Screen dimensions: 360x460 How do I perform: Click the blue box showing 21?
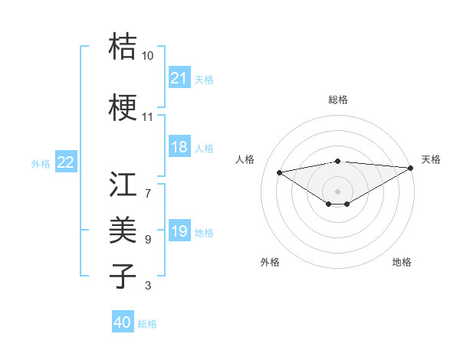click(x=179, y=78)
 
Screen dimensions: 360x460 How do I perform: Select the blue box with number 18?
click(x=179, y=148)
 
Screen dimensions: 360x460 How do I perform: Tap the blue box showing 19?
click(x=179, y=232)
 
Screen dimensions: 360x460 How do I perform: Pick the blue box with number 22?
click(x=66, y=162)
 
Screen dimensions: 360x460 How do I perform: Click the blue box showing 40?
click(x=123, y=322)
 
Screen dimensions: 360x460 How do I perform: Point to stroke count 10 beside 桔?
click(x=147, y=56)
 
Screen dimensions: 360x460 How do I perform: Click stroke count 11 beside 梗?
click(x=147, y=118)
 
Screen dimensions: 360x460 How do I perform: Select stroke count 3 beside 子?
click(x=148, y=286)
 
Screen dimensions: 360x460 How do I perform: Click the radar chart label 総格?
click(x=337, y=100)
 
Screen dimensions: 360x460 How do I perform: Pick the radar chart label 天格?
click(x=431, y=159)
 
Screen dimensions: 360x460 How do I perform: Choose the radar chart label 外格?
click(x=270, y=262)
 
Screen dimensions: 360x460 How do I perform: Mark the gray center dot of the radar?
click(x=337, y=190)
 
